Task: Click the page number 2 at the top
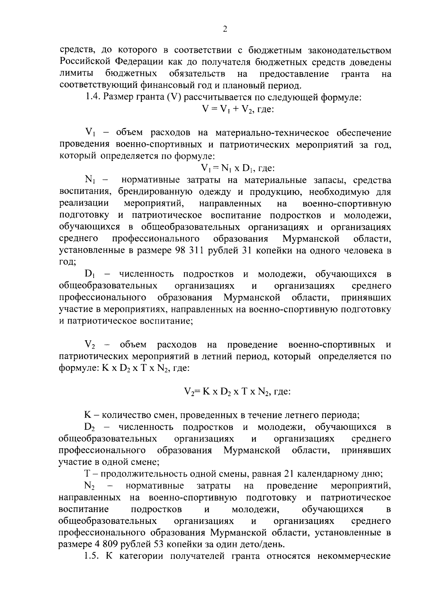coord(225,30)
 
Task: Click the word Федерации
coord(140,62)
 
